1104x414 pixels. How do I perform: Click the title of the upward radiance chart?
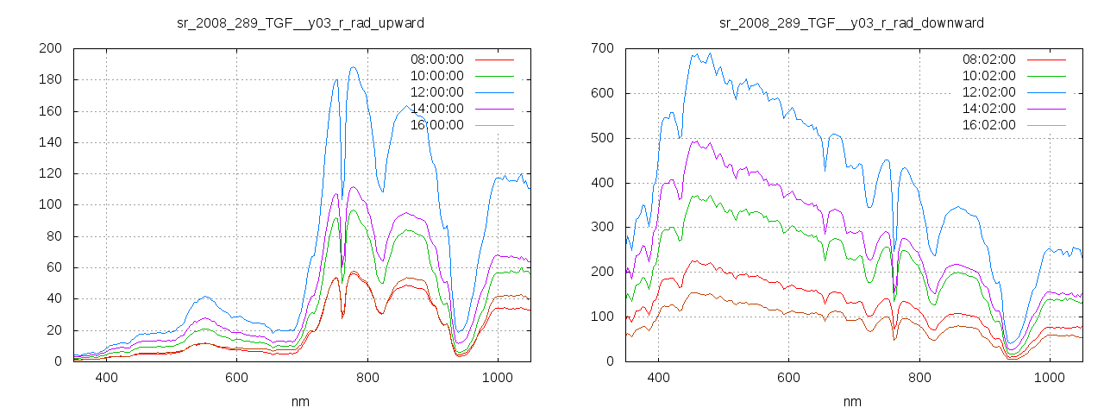[300, 22]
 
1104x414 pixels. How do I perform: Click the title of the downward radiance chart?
[851, 22]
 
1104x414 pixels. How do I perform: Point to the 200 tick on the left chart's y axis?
[49, 48]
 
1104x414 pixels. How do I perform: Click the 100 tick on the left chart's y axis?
[49, 205]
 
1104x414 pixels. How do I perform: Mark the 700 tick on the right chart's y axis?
[601, 48]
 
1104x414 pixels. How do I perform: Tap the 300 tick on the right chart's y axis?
[601, 228]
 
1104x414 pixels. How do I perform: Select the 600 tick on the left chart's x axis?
[237, 378]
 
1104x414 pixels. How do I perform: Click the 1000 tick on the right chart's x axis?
[1049, 378]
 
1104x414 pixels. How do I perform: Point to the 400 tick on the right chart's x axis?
[658, 378]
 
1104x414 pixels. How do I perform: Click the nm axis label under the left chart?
[300, 401]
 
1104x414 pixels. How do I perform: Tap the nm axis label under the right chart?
[851, 401]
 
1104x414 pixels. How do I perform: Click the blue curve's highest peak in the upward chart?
[353, 67]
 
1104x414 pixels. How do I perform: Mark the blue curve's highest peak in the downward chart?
[710, 53]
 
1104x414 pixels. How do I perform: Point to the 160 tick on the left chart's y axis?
[49, 111]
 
